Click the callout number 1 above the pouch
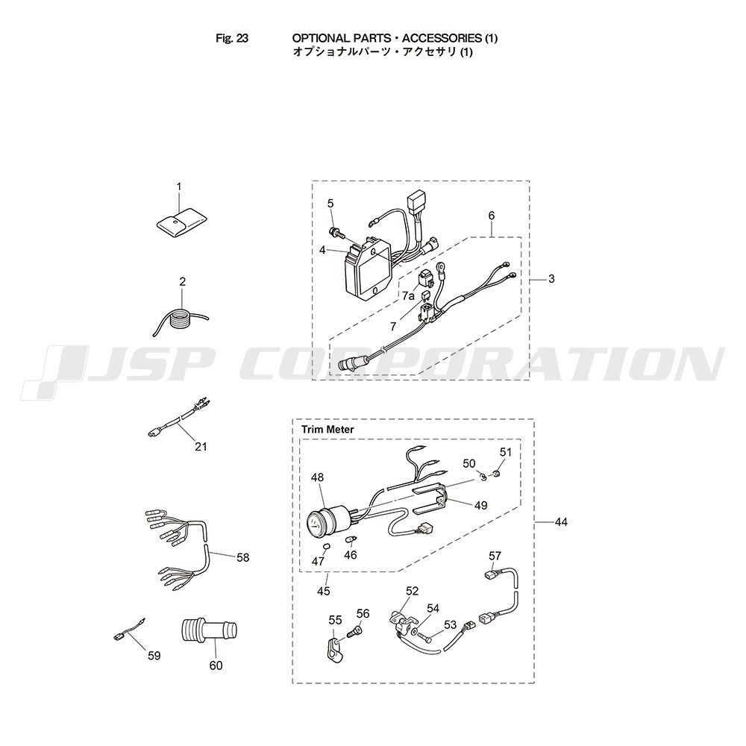pyautogui.click(x=179, y=186)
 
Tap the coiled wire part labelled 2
pyautogui.click(x=181, y=319)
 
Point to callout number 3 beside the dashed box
pyautogui.click(x=551, y=278)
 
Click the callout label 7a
pyautogui.click(x=408, y=296)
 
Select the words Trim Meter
pyautogui.click(x=327, y=429)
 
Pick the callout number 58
pyautogui.click(x=242, y=557)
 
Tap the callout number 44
pyautogui.click(x=562, y=522)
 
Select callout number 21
pyautogui.click(x=201, y=447)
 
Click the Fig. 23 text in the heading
pyautogui.click(x=232, y=38)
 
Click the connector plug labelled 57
pyautogui.click(x=492, y=575)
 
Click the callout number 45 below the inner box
pyautogui.click(x=324, y=591)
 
